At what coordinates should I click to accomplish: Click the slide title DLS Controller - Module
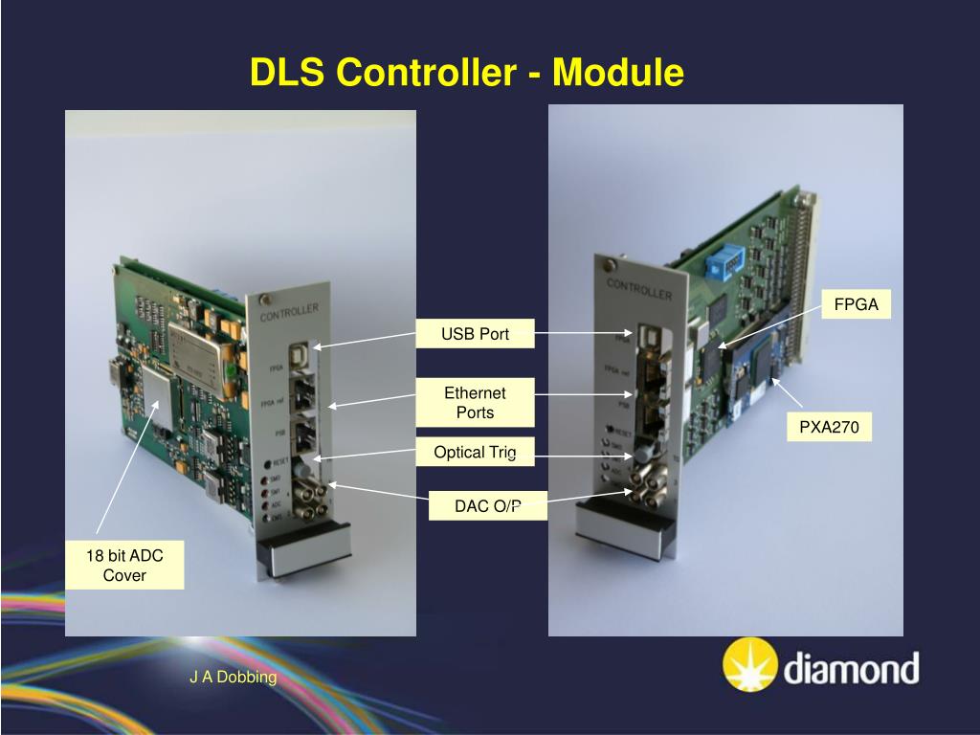(467, 73)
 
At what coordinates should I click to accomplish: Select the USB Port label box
(475, 334)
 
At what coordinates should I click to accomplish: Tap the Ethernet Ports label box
(475, 402)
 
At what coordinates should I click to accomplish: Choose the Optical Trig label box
(475, 452)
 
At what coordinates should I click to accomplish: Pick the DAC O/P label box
(488, 506)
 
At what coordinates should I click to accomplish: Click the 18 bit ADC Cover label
(124, 566)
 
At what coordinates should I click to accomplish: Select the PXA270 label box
(830, 428)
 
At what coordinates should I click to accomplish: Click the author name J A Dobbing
(233, 678)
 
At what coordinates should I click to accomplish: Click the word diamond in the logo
(851, 667)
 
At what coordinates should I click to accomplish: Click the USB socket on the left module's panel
(299, 353)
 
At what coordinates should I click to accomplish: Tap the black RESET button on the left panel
(269, 463)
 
